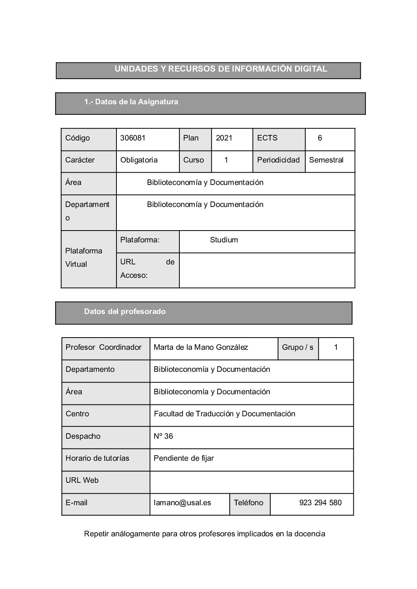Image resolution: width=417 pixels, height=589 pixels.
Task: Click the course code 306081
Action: [x=133, y=138]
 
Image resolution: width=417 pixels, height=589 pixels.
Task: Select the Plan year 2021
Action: [x=224, y=138]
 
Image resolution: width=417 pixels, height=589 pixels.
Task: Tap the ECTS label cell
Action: [x=268, y=138]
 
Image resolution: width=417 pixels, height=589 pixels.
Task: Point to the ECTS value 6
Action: [x=320, y=138]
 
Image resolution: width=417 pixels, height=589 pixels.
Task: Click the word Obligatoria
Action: [x=139, y=160]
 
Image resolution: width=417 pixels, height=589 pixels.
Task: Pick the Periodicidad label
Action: [x=279, y=160]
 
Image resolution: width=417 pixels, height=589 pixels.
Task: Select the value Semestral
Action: [x=326, y=160]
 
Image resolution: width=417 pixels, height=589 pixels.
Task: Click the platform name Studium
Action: [x=224, y=240]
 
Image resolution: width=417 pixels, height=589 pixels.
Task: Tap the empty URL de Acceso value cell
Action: [x=267, y=270]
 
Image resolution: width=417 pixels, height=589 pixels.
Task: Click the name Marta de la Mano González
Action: [x=201, y=347]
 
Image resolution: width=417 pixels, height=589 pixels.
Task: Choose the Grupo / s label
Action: [x=298, y=347]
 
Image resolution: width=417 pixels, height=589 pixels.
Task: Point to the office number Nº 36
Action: [x=163, y=436]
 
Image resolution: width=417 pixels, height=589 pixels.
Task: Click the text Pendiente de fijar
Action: [x=184, y=458]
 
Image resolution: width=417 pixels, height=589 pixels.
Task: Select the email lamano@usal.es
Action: [x=183, y=503]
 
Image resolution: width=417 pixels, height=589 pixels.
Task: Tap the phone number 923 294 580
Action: [x=320, y=503]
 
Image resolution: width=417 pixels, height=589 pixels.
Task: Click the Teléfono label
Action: [x=249, y=503]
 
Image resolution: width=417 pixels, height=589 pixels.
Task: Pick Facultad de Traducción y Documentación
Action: [x=225, y=414]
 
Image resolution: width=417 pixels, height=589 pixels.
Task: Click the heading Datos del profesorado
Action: [x=125, y=312]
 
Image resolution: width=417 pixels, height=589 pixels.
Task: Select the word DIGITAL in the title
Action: [x=310, y=69]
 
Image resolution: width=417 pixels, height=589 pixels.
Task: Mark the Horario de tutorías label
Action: [x=98, y=458]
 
